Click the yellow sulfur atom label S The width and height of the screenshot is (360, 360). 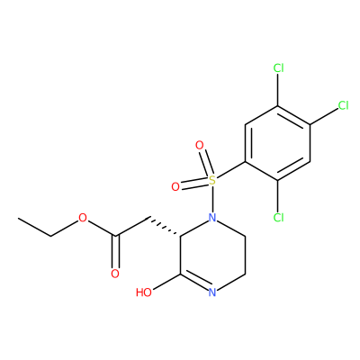pyautogui.click(x=212, y=180)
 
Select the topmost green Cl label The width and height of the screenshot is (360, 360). pyautogui.click(x=278, y=68)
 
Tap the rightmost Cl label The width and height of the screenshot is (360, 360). pyautogui.click(x=343, y=105)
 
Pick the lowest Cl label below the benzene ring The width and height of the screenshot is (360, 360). pyautogui.click(x=278, y=218)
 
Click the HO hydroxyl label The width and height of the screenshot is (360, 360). pyautogui.click(x=144, y=292)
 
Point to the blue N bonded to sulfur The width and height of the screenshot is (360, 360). pyautogui.click(x=212, y=218)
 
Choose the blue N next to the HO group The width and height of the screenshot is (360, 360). pyautogui.click(x=212, y=292)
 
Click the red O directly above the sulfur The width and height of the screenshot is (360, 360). pyautogui.click(x=199, y=146)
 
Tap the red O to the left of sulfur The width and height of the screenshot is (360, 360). pyautogui.click(x=175, y=187)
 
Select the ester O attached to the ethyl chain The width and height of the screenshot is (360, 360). pyautogui.click(x=83, y=218)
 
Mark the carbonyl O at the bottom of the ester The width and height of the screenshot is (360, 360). pyautogui.click(x=115, y=274)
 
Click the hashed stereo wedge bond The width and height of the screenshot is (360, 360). pyautogui.click(x=165, y=227)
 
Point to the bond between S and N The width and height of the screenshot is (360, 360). pyautogui.click(x=212, y=199)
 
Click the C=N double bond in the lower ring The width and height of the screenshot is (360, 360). pyautogui.click(x=195, y=282)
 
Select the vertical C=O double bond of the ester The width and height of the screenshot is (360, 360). pyautogui.click(x=115, y=251)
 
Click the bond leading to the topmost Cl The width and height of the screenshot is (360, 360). pyautogui.click(x=278, y=90)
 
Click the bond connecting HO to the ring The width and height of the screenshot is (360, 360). pyautogui.click(x=166, y=282)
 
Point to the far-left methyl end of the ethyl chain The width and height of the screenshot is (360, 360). pyautogui.click(x=19, y=218)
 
